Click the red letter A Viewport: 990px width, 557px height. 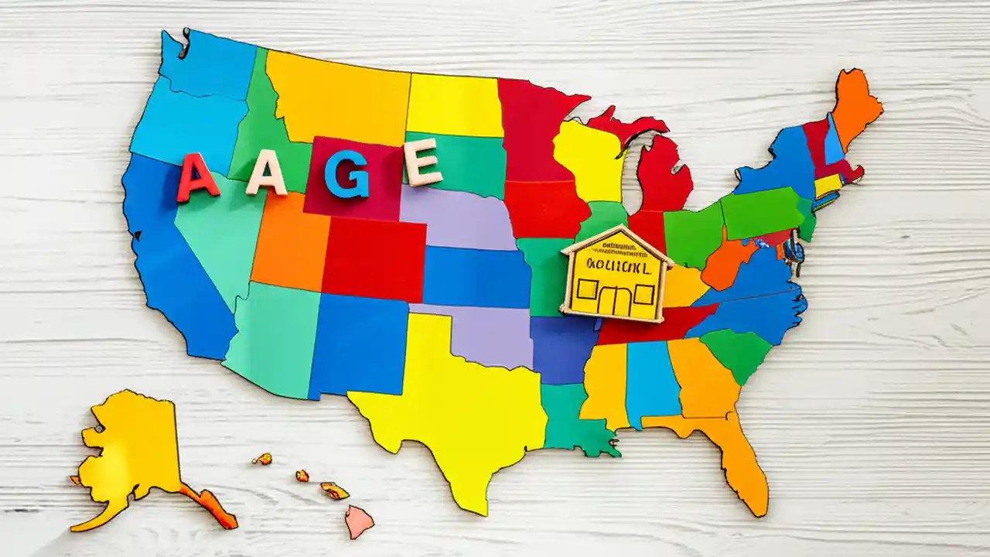pyautogui.click(x=197, y=178)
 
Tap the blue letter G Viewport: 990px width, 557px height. pyautogui.click(x=346, y=173)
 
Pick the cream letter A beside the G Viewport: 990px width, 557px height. pyautogui.click(x=267, y=174)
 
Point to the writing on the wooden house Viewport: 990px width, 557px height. pyautogui.click(x=616, y=265)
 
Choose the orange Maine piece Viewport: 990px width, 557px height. pyautogui.click(x=855, y=104)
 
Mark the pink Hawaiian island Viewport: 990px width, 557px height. pyautogui.click(x=358, y=521)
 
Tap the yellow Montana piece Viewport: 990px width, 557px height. pyautogui.click(x=336, y=97)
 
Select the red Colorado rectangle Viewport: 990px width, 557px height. pyautogui.click(x=373, y=259)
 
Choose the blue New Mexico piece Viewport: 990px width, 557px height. pyautogui.click(x=357, y=344)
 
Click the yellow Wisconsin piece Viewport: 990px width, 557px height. pyautogui.click(x=588, y=155)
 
